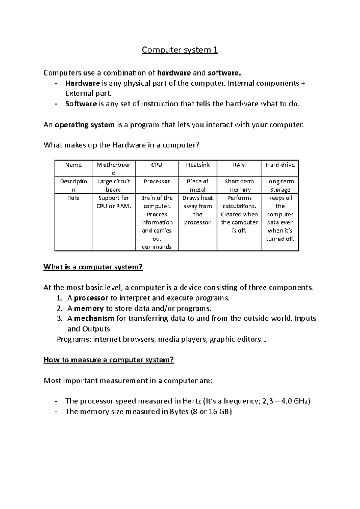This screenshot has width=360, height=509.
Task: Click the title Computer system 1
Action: tap(180, 50)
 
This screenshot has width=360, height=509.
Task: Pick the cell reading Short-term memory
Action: tap(239, 185)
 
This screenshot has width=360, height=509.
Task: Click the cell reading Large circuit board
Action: tap(114, 185)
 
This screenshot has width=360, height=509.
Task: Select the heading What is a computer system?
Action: tap(93, 267)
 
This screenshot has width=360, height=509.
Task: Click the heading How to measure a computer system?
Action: tap(109, 360)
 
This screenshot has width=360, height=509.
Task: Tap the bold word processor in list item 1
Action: tap(91, 298)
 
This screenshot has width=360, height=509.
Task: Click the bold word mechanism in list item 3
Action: tap(94, 318)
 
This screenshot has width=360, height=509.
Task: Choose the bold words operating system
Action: tap(85, 125)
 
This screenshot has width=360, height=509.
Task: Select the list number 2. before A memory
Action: tap(59, 308)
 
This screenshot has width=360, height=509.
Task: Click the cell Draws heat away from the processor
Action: tap(198, 210)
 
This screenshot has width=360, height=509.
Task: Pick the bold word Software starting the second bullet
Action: tap(81, 104)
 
